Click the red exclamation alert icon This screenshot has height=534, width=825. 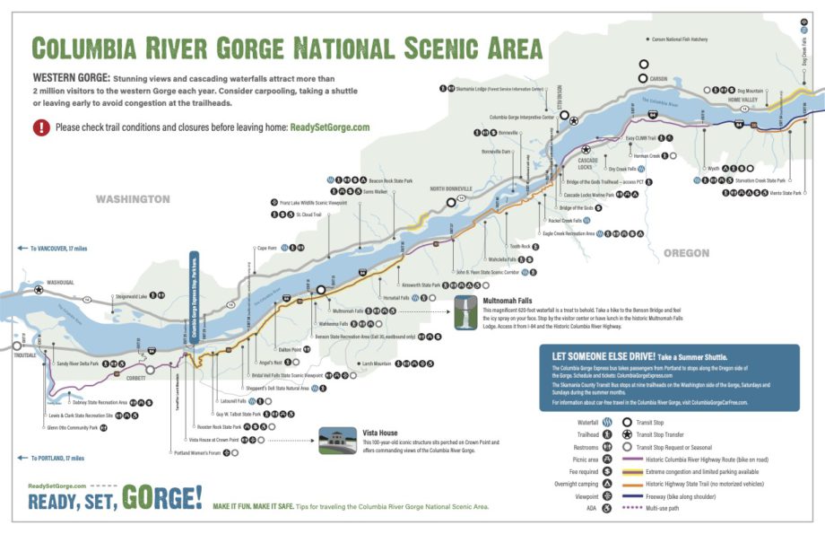pos(41,127)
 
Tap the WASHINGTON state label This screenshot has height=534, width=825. pos(133,198)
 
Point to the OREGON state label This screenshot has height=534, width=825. pos(686,253)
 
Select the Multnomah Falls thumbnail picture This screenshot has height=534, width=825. pos(465,312)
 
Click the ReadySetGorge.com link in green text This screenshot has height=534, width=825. pos(329,127)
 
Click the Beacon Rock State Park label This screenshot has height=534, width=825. pos(386,180)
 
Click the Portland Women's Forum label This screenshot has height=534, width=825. pos(198,453)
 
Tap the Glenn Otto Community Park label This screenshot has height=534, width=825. pos(70,428)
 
